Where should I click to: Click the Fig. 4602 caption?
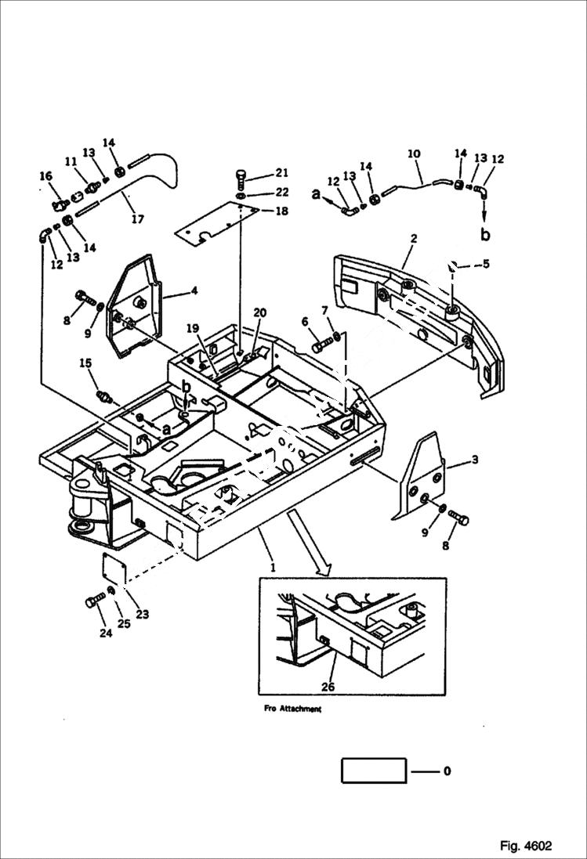click(525, 846)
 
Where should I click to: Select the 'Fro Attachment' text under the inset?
click(290, 709)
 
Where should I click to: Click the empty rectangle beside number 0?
click(373, 771)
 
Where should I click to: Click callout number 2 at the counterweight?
click(414, 238)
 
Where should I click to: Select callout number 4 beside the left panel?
click(194, 291)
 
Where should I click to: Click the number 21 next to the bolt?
click(282, 173)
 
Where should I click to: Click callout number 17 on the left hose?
click(137, 219)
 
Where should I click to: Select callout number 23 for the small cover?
click(143, 613)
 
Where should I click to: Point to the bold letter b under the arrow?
click(486, 234)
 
